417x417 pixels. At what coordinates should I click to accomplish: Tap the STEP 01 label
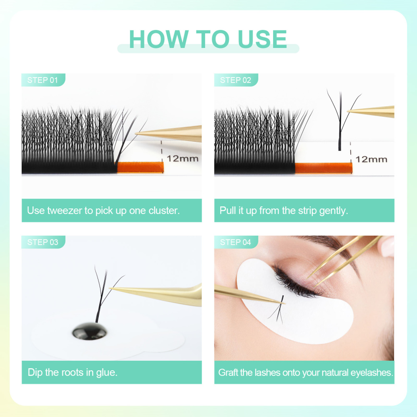click(43, 80)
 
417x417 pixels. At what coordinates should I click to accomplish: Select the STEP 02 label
click(236, 80)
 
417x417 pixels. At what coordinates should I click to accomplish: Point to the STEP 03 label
click(43, 242)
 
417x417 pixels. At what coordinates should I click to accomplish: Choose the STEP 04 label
click(236, 242)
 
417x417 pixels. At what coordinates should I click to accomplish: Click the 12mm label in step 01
click(183, 158)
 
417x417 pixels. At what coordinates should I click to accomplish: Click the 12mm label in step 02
click(371, 159)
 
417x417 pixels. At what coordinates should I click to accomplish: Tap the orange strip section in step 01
click(140, 167)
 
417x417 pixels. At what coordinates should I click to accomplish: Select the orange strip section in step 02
click(323, 168)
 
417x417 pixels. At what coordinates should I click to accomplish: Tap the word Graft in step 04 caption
click(229, 372)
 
